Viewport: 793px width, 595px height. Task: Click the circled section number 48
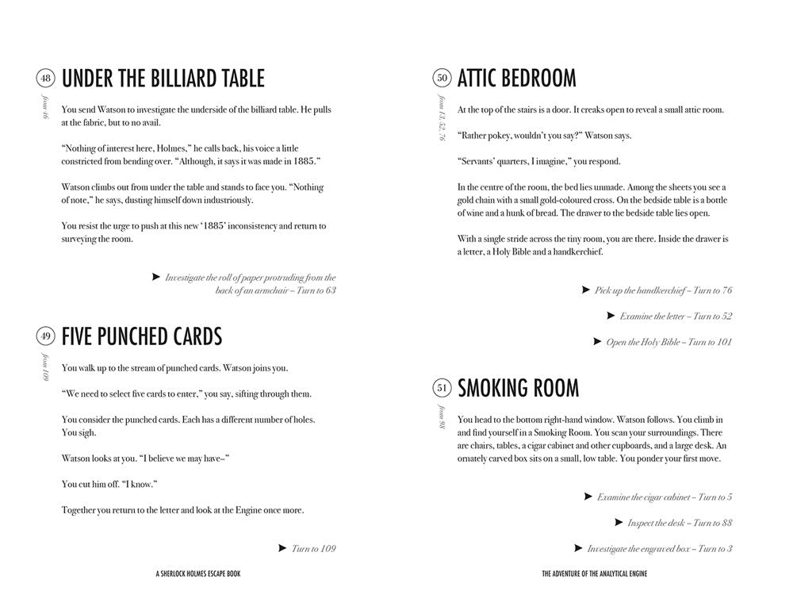coord(45,78)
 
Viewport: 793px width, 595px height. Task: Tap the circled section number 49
coord(45,336)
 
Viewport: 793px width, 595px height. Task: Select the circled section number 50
coord(442,78)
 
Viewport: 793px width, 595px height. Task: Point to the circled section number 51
coord(442,388)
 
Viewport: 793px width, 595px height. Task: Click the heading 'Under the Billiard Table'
coord(163,79)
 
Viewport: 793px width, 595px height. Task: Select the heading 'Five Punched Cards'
coord(142,336)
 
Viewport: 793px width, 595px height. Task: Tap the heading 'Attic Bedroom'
coord(517,79)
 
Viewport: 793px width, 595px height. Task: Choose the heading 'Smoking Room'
coord(519,388)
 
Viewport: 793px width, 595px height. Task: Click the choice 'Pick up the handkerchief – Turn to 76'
coord(663,290)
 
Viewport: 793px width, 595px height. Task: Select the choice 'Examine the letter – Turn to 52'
coord(676,316)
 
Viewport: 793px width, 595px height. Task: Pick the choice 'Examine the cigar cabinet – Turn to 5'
coord(664,497)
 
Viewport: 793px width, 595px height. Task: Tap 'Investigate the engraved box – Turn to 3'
coord(659,548)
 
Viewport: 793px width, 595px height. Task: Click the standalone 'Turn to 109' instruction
coord(313,548)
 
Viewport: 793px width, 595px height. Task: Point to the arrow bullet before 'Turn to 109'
coord(282,547)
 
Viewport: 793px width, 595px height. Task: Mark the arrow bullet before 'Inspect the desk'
coord(619,522)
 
